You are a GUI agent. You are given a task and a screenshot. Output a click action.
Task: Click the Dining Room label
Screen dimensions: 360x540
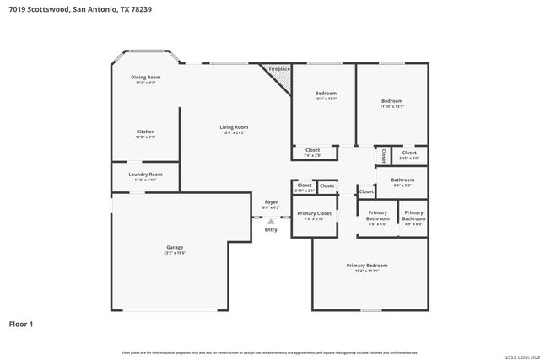click(x=145, y=78)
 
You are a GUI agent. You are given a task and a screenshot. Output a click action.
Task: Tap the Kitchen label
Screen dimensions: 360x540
click(x=145, y=132)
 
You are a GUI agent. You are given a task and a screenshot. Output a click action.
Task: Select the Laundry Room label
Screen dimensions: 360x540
click(x=145, y=175)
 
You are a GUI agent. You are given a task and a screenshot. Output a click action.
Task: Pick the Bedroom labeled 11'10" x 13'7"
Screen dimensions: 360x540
click(x=391, y=101)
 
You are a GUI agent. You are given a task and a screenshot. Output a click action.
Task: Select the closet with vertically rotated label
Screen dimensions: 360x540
click(x=383, y=155)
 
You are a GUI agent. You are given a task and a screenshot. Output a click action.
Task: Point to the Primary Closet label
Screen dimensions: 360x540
click(x=314, y=214)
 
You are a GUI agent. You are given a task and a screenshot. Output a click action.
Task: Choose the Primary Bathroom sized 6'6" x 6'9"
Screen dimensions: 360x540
click(x=377, y=218)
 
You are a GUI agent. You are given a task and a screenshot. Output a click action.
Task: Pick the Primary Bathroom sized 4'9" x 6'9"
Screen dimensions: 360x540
click(x=413, y=218)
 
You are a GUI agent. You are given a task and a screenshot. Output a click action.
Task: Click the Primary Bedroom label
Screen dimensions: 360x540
click(x=366, y=266)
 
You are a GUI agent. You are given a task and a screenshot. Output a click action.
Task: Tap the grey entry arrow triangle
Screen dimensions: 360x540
click(x=271, y=222)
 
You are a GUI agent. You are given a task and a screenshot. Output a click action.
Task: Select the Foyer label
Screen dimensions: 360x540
click(x=271, y=202)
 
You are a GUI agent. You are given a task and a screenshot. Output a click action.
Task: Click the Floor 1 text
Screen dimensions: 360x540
click(x=21, y=323)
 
